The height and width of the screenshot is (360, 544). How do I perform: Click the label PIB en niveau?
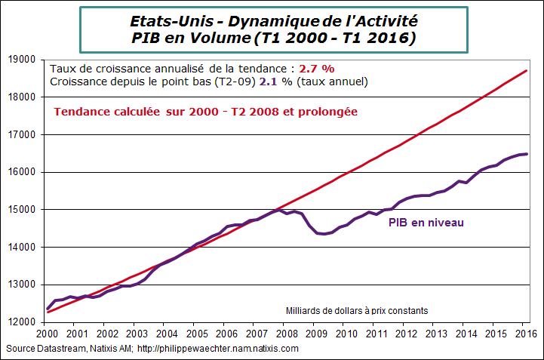pos(426,223)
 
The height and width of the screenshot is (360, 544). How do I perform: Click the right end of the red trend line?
pos(526,71)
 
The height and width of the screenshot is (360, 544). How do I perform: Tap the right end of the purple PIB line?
pos(526,154)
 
